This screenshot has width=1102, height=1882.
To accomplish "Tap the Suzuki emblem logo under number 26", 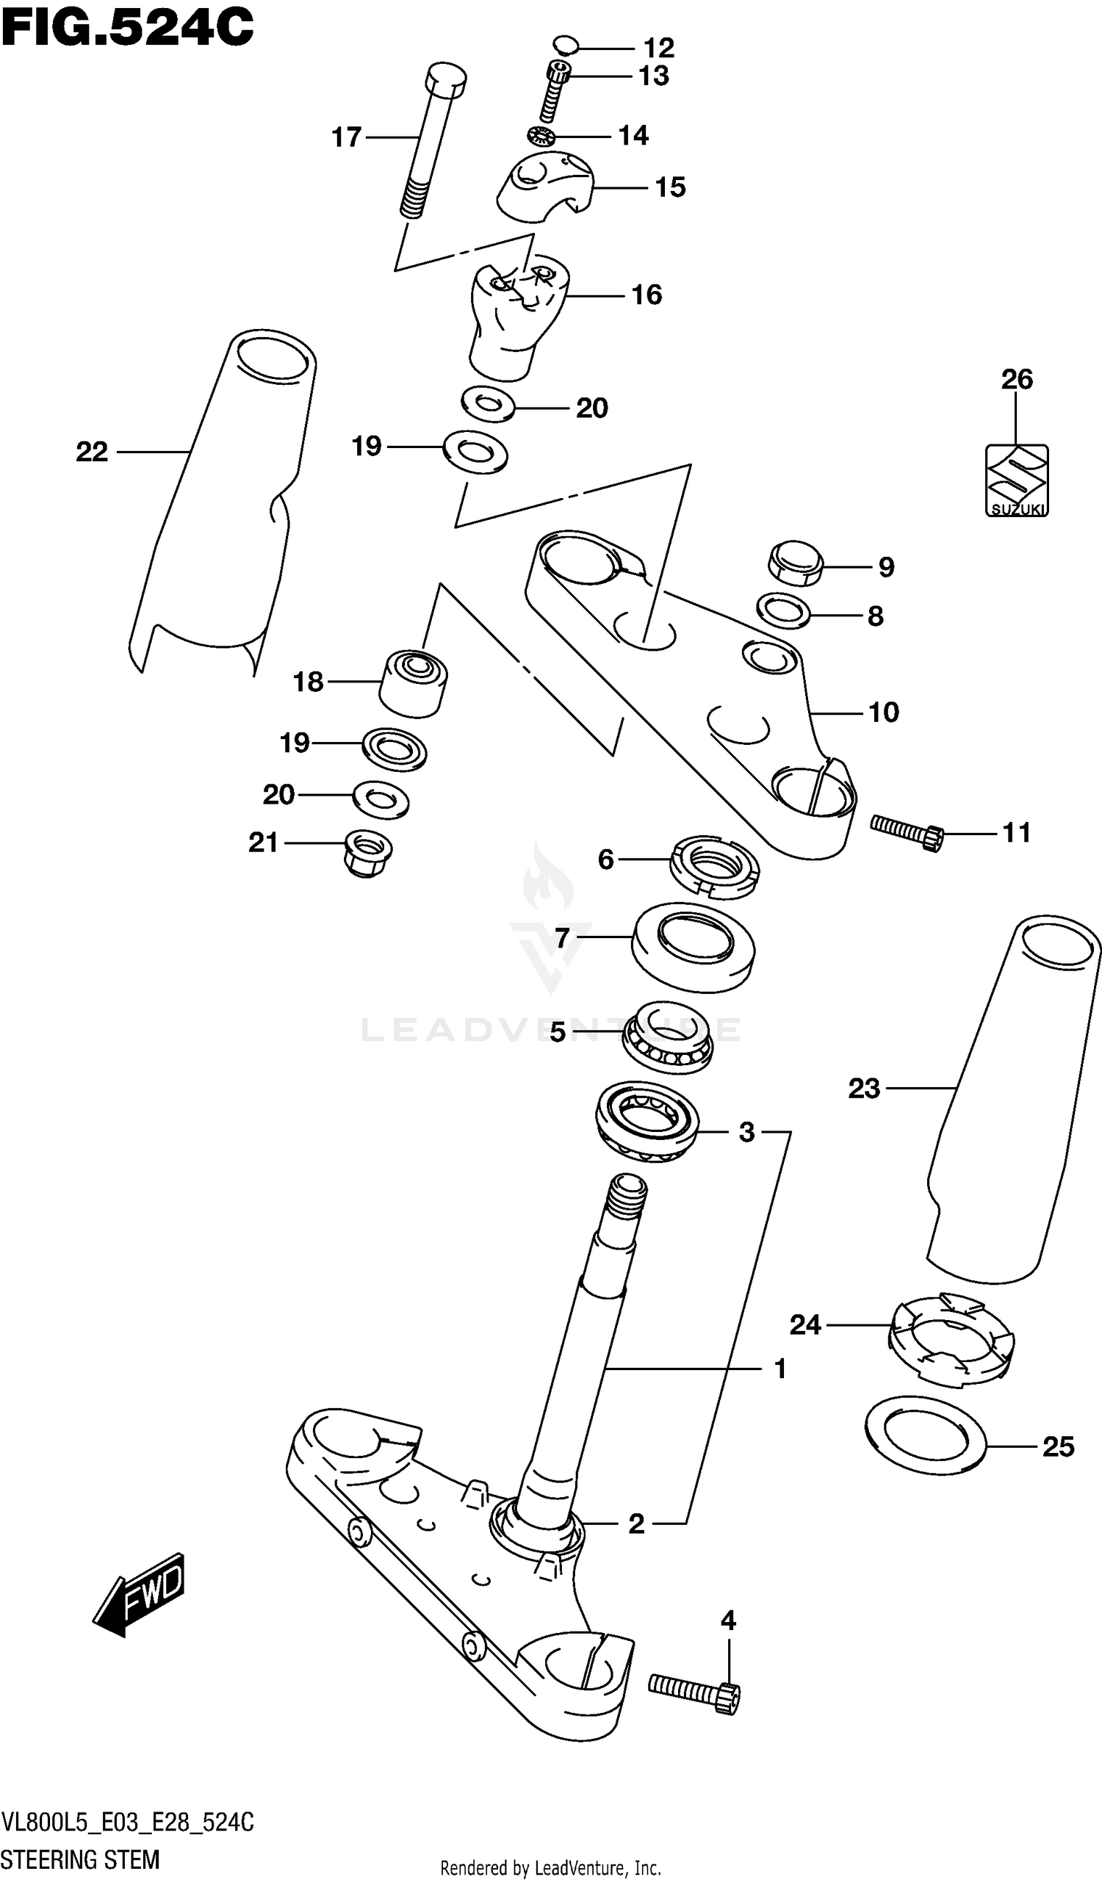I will (1016, 480).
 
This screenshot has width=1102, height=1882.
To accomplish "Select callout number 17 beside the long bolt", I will (346, 137).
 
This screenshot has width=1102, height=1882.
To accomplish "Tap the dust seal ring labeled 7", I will (694, 947).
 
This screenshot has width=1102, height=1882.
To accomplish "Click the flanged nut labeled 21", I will (367, 852).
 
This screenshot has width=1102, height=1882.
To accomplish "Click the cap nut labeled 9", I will (796, 563).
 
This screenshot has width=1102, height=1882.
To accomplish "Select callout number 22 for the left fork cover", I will (92, 452).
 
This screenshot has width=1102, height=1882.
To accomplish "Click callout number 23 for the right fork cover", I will (864, 1088).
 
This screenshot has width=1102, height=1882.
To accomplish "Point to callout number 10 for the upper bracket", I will (884, 713).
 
